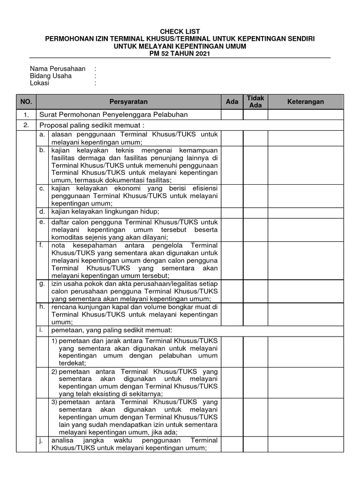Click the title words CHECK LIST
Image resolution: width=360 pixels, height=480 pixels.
180,31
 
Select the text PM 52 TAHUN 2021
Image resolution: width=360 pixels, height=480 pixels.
180,54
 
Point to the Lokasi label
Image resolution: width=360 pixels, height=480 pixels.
40,83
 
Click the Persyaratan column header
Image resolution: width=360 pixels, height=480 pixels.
128,102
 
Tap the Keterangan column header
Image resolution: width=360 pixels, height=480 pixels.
305,102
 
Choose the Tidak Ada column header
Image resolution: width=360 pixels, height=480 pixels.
255,102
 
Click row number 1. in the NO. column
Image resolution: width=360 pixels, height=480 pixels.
26,114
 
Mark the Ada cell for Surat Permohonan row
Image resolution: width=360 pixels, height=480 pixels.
232,114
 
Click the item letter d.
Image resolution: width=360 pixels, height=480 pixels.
42,211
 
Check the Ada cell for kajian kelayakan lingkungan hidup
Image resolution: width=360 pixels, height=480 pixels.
232,212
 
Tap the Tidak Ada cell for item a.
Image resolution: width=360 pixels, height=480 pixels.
255,138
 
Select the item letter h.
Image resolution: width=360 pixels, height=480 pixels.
42,307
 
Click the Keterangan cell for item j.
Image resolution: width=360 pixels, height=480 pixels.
305,444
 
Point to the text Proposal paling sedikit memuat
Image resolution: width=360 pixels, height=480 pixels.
91,125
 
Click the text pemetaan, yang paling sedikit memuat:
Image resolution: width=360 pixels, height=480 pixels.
106,330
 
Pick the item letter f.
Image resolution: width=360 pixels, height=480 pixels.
42,245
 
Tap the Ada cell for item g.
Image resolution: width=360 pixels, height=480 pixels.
232,292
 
